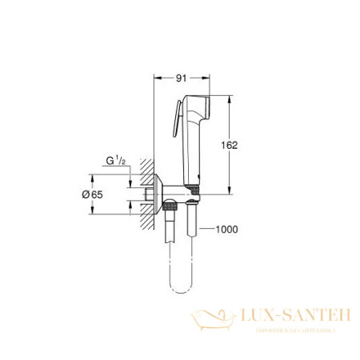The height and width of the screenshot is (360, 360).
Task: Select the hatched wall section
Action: pyautogui.click(x=144, y=193)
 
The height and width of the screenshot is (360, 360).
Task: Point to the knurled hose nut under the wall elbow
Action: pyautogui.click(x=170, y=209)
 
